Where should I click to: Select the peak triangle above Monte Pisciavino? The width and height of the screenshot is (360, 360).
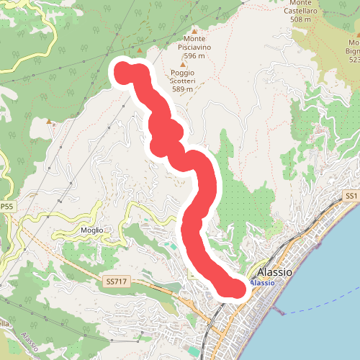[194, 31]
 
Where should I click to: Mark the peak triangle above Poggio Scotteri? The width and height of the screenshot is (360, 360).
[182, 64]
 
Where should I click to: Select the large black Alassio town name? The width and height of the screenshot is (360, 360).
[274, 273]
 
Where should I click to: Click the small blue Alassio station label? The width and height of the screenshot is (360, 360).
[263, 283]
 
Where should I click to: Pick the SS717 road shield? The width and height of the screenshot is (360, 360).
[114, 282]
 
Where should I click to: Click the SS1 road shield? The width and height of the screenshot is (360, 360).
[351, 196]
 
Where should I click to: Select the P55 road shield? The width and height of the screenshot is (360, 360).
[6, 207]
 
